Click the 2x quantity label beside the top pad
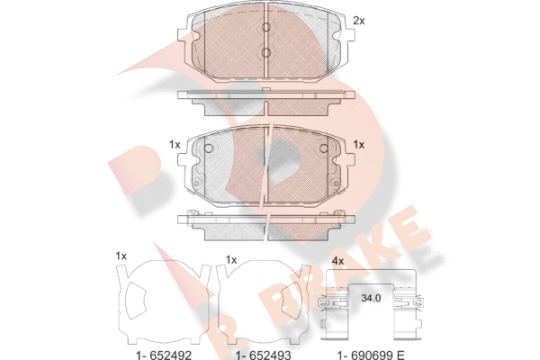pos(358,21)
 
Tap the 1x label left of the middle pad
pos(175,145)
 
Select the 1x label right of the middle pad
pos(358,145)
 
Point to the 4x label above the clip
pos(337,261)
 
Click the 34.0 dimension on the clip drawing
pos(371,298)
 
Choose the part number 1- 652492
pos(163,355)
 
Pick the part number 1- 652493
pos(263,355)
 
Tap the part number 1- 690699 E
pos(371,355)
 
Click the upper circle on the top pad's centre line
pos(266,27)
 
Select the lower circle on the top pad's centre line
pos(266,52)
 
